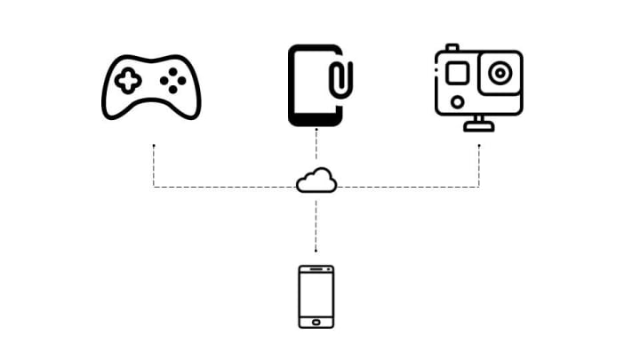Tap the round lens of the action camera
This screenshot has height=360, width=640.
(500, 71)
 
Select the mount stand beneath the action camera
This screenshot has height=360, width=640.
(479, 124)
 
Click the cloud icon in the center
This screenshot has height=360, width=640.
(316, 180)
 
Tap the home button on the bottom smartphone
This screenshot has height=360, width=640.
(316, 319)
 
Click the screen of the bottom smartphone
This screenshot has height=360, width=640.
(316, 293)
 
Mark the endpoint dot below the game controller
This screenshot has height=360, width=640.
(154, 144)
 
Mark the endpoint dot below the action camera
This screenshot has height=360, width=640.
(479, 144)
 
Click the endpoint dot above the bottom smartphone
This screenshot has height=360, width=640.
(316, 250)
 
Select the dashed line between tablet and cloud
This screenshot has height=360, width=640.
(316, 148)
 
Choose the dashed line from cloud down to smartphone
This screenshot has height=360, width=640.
(316, 222)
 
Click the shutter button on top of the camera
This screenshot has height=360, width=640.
(451, 46)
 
